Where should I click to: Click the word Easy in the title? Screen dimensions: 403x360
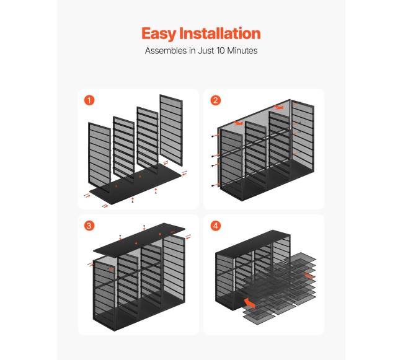point(159,34)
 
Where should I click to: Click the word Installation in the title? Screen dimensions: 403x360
point(219,33)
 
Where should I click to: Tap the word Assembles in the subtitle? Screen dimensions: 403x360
point(166,50)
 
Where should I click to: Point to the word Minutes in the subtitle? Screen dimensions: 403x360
point(242,50)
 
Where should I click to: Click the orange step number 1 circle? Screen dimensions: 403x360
point(89,100)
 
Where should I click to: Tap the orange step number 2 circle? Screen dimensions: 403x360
point(215,100)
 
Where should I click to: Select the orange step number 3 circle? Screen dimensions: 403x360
point(89,226)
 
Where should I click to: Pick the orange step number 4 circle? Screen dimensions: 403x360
point(215,226)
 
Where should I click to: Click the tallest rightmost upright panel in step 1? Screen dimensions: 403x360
point(171,130)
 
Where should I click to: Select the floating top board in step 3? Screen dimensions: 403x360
point(139,241)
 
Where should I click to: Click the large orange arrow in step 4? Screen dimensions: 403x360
point(249,303)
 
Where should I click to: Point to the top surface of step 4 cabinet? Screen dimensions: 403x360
point(253,241)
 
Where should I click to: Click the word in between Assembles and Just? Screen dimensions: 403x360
point(192,50)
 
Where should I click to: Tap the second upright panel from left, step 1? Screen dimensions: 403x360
point(124,147)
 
